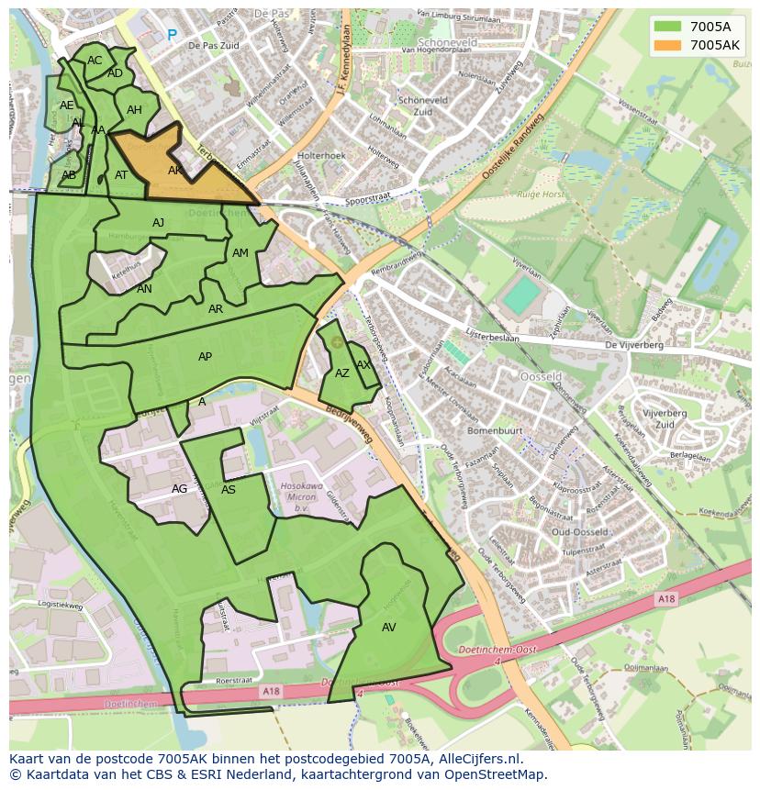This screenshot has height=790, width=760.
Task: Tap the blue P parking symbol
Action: pyautogui.click(x=172, y=36)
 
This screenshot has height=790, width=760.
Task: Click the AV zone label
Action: pyautogui.click(x=388, y=628)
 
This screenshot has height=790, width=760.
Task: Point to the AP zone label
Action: pyautogui.click(x=205, y=357)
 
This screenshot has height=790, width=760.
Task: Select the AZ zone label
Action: pyautogui.click(x=341, y=373)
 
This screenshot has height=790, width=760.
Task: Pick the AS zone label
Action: pyautogui.click(x=229, y=490)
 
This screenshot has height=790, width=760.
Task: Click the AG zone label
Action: pyautogui.click(x=179, y=489)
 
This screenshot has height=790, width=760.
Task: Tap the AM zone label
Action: pyautogui.click(x=240, y=253)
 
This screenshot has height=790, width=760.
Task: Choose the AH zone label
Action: pyautogui.click(x=134, y=110)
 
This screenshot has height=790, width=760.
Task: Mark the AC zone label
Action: pyautogui.click(x=95, y=61)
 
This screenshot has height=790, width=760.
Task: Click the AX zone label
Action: pyautogui.click(x=363, y=364)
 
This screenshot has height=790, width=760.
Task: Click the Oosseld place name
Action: pyautogui.click(x=541, y=377)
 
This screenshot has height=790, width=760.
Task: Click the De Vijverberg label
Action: pyautogui.click(x=633, y=345)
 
